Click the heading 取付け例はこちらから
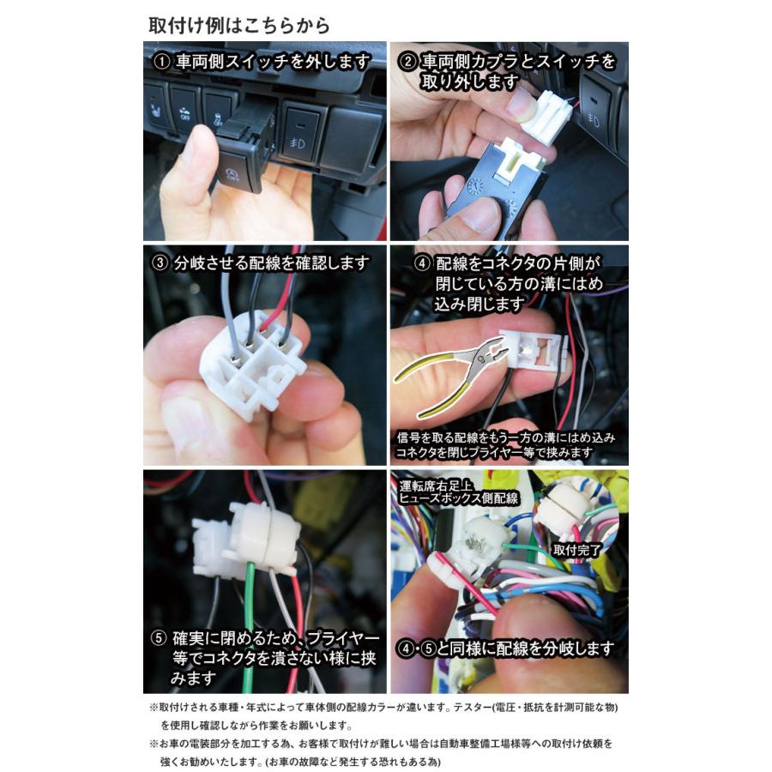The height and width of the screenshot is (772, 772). coord(238,24)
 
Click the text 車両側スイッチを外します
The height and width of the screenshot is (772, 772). coord(274,62)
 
